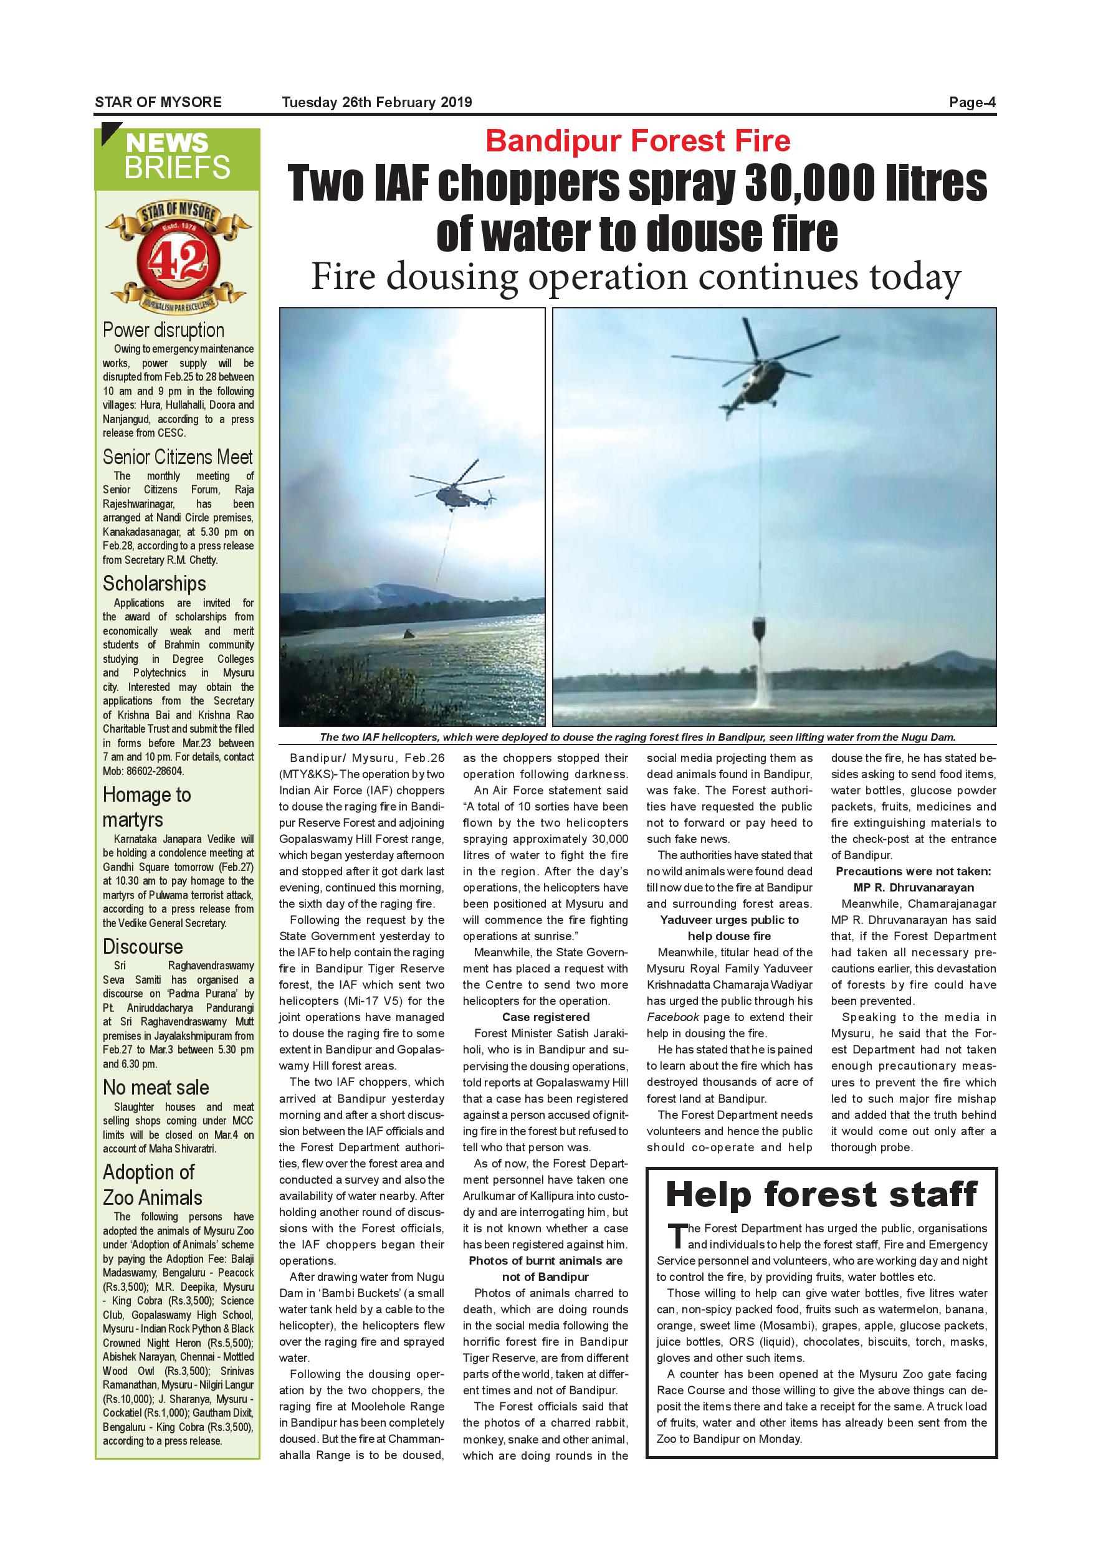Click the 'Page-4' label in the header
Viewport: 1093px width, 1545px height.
click(x=972, y=103)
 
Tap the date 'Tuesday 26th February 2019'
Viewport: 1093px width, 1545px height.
click(x=377, y=103)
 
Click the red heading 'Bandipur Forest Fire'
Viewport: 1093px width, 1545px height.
click(x=637, y=141)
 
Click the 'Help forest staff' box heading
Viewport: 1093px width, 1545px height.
click(x=821, y=1194)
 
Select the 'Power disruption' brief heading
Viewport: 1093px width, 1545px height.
click(x=163, y=330)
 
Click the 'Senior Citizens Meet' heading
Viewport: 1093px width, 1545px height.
click(x=178, y=457)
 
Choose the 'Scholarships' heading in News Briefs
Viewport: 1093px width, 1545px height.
click(x=154, y=583)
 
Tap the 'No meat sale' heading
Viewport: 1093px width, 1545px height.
click(x=155, y=1088)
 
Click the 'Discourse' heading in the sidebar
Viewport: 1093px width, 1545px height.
click(x=143, y=947)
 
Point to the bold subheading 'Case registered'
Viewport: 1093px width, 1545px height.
click(x=545, y=1017)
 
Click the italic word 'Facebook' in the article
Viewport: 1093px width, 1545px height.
click(x=672, y=1017)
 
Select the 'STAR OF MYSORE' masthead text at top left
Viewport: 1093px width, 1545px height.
click(x=158, y=103)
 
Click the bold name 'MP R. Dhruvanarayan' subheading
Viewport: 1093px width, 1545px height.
click(x=914, y=888)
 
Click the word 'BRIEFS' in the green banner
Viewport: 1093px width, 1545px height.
click(x=177, y=168)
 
